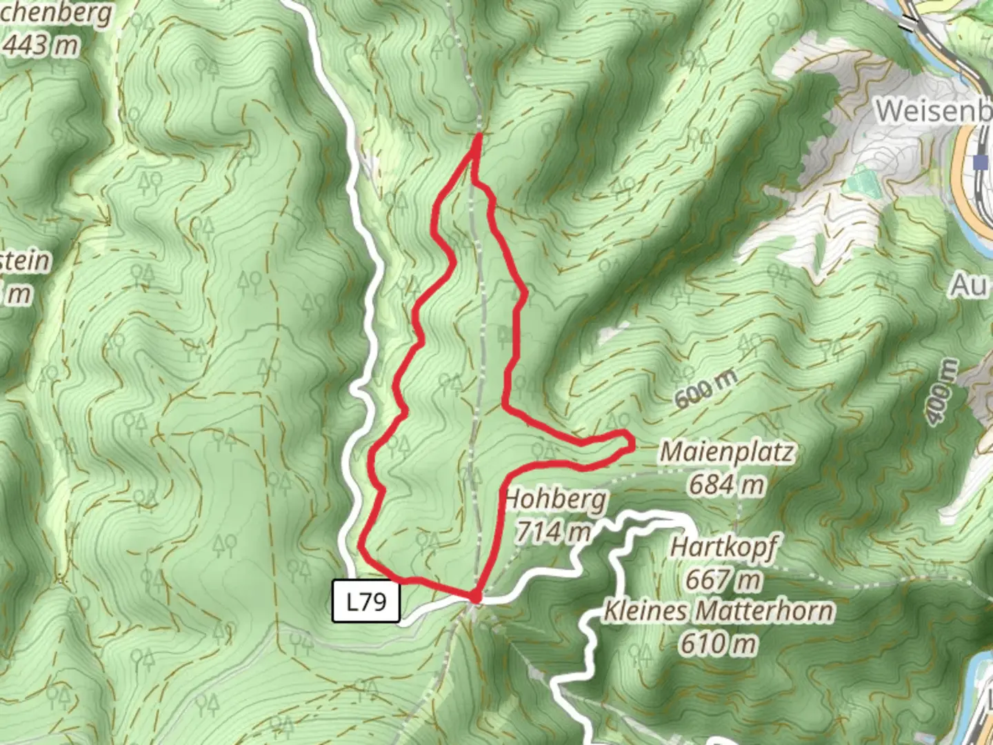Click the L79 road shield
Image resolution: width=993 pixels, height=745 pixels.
(x=365, y=602)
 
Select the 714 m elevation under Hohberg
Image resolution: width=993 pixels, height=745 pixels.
(x=553, y=531)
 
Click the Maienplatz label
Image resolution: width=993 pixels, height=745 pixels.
(x=726, y=453)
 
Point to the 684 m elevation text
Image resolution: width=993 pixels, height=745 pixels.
(x=726, y=484)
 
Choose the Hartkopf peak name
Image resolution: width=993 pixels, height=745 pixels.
(x=723, y=548)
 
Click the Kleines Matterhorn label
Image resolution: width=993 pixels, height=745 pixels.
(x=718, y=611)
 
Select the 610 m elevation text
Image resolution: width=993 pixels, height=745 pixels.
(x=718, y=644)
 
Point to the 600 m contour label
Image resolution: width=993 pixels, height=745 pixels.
(x=705, y=388)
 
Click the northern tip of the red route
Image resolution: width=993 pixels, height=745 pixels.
(x=477, y=137)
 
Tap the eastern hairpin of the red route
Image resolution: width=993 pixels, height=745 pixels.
(x=629, y=441)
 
